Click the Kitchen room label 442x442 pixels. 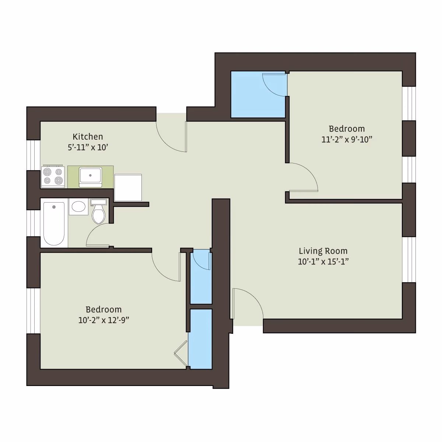tap(88, 137)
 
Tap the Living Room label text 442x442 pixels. tap(323, 251)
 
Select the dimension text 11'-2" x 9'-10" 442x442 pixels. tap(347, 140)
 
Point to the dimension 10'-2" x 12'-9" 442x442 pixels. tap(104, 320)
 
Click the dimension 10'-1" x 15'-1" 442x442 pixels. tap(323, 262)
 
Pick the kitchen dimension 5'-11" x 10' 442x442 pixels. tap(88, 148)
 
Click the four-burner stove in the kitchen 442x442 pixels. tap(53, 177)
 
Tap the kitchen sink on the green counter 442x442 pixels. tap(90, 176)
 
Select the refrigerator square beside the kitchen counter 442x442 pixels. tap(128, 187)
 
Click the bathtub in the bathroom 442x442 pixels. tap(54, 224)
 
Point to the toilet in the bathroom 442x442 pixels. tap(98, 213)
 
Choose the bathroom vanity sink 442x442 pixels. tap(78, 207)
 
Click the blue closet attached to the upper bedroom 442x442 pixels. tap(258, 95)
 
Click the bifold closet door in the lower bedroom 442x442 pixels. tap(181, 354)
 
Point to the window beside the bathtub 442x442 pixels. tap(33, 223)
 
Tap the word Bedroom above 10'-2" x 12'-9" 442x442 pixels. tap(104, 309)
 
